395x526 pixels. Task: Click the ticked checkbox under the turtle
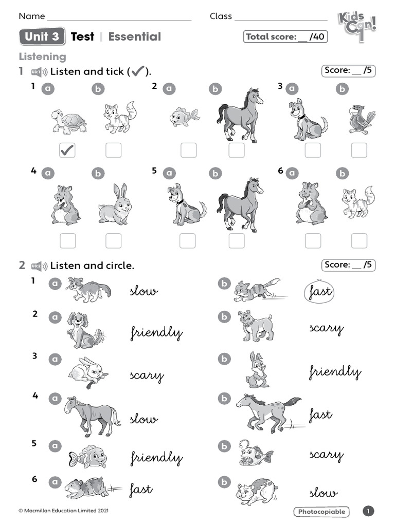point(67,150)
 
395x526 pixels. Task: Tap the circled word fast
point(319,292)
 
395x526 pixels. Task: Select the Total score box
point(285,36)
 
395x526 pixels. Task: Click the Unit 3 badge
point(42,36)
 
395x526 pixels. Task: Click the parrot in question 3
point(361,119)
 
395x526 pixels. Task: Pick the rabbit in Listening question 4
point(115,204)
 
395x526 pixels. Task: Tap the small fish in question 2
point(184,117)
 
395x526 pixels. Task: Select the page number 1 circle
point(368,511)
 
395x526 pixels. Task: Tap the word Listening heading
point(42,57)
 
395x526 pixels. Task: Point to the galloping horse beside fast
point(267,411)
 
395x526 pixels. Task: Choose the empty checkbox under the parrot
point(359,150)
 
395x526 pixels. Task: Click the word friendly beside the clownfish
point(156,457)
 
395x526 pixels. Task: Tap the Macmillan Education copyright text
point(63,511)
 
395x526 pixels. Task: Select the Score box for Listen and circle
point(348,265)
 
